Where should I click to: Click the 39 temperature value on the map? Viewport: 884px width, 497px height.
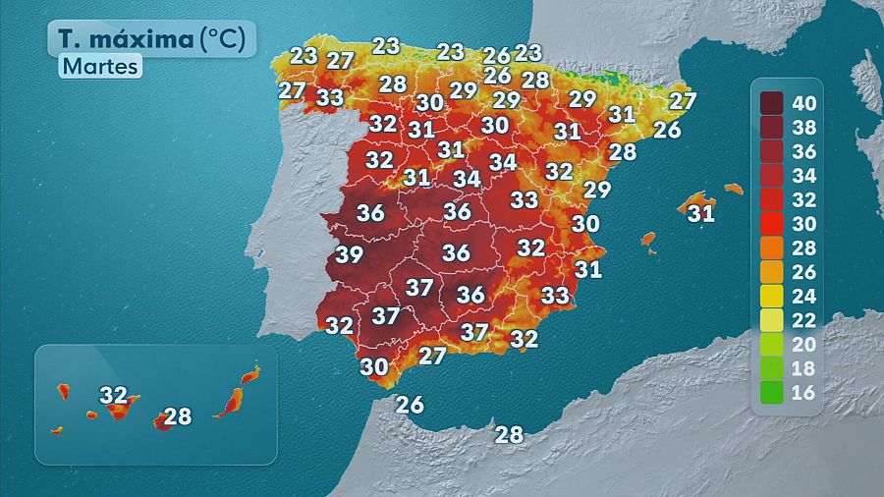tap(349, 255)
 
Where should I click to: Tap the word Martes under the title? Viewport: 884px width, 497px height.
tap(100, 67)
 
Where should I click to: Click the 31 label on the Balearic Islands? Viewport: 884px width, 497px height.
tap(700, 213)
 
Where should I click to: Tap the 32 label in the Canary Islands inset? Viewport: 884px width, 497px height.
tap(114, 395)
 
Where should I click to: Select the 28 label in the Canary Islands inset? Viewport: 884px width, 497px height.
tap(178, 416)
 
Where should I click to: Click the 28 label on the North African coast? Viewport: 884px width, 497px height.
tap(509, 434)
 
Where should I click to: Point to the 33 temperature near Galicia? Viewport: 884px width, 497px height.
tap(330, 98)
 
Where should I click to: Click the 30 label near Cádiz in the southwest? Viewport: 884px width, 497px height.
tap(374, 366)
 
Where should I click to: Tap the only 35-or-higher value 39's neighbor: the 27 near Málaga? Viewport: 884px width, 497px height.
tap(432, 356)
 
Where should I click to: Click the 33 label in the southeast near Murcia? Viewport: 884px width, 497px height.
tap(555, 295)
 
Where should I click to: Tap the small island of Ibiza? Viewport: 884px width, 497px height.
tap(648, 239)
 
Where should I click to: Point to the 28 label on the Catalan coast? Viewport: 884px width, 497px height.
tap(623, 152)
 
